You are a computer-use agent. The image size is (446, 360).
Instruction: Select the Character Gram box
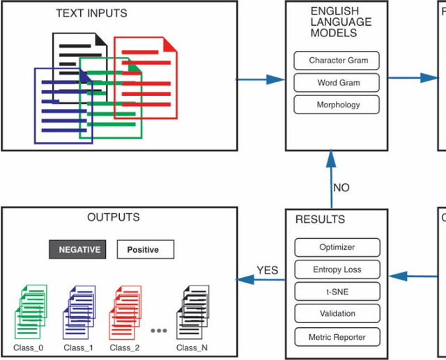click(x=337, y=61)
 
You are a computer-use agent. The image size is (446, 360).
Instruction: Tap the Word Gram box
click(x=337, y=83)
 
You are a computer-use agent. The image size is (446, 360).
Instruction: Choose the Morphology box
click(x=337, y=104)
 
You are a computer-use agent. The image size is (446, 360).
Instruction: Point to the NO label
click(x=341, y=187)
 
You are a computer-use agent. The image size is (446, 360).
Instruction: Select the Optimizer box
click(x=337, y=247)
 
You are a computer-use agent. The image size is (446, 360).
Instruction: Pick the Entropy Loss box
click(x=337, y=269)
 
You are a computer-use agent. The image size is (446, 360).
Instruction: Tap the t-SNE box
click(x=337, y=292)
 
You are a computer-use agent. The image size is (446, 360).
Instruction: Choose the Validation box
click(x=337, y=314)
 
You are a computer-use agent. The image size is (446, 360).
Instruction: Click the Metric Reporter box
click(x=337, y=338)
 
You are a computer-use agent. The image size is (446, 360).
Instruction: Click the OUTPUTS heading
click(x=114, y=217)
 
